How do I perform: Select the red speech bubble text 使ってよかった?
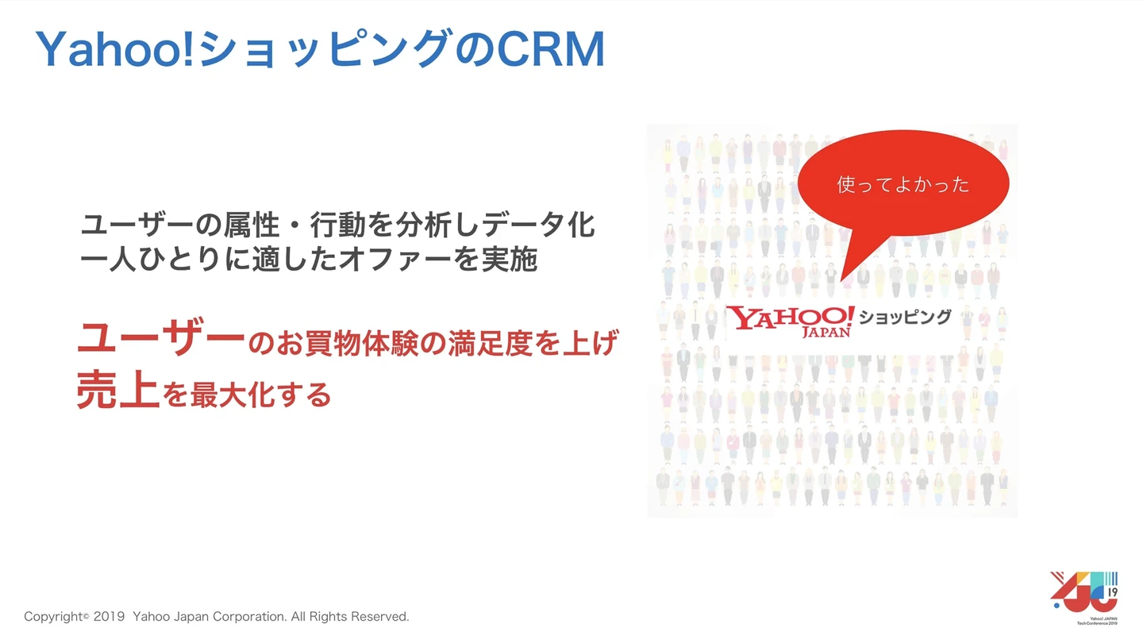(902, 185)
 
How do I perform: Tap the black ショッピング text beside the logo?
(906, 318)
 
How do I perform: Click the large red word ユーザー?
(160, 341)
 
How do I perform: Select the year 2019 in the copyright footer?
(109, 617)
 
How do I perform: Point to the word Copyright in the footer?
(52, 617)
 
